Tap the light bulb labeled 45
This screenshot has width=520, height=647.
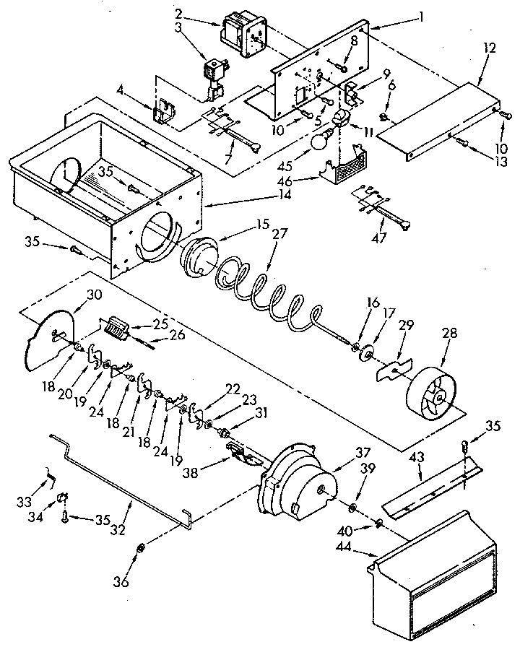(318, 141)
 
